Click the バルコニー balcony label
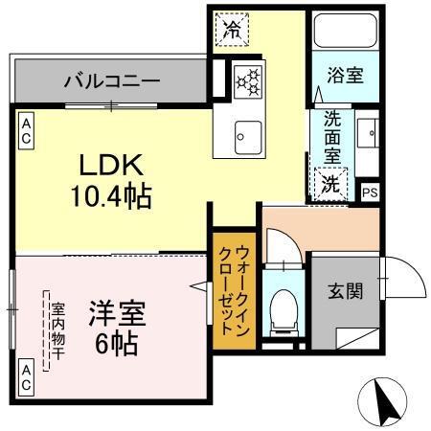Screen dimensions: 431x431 112,80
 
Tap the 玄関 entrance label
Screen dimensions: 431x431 346,291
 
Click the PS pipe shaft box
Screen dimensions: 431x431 370,192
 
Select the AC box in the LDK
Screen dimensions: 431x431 26,130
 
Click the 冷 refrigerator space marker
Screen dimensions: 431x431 231,29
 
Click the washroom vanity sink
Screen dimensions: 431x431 370,135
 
